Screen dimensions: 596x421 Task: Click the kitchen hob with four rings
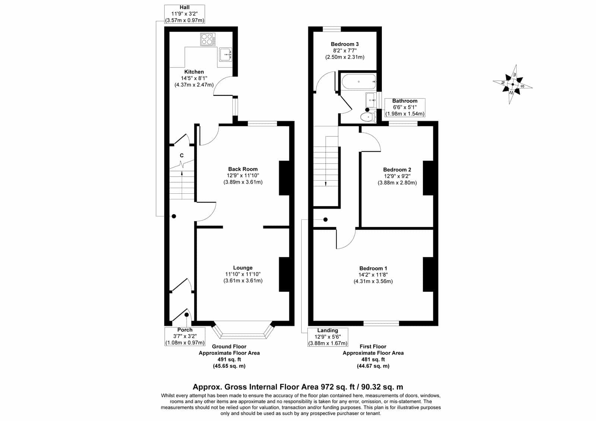click(x=208, y=39)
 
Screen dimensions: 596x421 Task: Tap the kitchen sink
click(x=226, y=54)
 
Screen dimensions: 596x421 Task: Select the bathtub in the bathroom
click(x=359, y=82)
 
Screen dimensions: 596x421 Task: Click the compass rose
click(x=513, y=84)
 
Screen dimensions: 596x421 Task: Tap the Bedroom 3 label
click(x=345, y=44)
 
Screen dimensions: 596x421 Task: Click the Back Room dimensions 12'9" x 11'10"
click(x=242, y=175)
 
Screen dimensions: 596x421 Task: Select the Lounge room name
click(x=242, y=268)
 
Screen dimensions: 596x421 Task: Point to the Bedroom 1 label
click(x=373, y=269)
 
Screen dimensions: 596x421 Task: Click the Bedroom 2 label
click(x=397, y=170)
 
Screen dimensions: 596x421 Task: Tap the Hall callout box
click(x=184, y=14)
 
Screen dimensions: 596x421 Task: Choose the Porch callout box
click(x=185, y=336)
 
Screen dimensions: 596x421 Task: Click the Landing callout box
click(x=327, y=337)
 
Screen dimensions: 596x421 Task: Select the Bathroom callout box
click(x=405, y=108)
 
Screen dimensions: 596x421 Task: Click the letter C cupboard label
click(x=182, y=155)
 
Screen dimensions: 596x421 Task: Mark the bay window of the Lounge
click(x=243, y=330)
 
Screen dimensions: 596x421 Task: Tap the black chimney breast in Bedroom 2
click(x=428, y=178)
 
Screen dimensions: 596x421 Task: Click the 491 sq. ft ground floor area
click(x=229, y=360)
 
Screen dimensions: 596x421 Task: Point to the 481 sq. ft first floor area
click(x=373, y=360)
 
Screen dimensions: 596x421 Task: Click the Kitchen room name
click(x=194, y=72)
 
